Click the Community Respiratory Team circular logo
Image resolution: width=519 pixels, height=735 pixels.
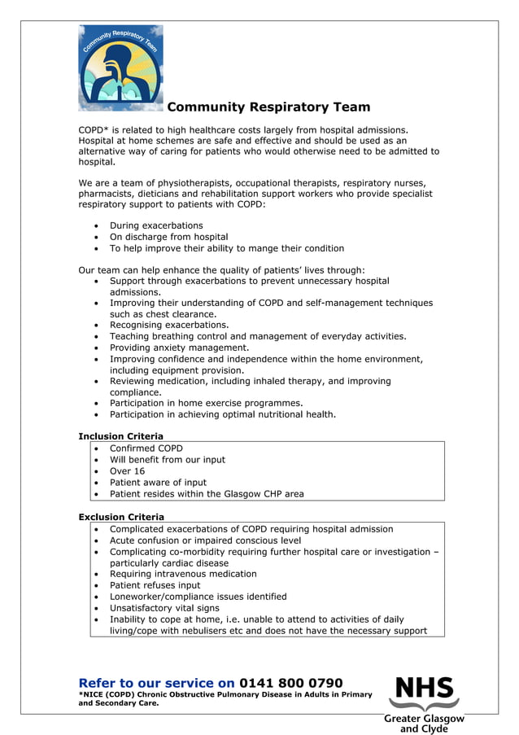(120, 68)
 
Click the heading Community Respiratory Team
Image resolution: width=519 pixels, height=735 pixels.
(268, 107)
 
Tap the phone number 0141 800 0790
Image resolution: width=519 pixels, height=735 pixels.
(291, 683)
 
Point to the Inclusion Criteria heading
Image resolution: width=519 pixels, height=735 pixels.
(120, 436)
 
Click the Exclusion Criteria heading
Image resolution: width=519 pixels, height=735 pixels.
(121, 517)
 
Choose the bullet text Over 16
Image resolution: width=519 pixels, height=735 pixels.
(127, 471)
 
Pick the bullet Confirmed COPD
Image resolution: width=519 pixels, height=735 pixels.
(146, 448)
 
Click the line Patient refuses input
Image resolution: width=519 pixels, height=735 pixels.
(155, 585)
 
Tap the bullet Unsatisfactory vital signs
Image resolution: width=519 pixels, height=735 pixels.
(164, 608)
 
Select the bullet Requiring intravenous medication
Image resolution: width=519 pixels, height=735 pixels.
(183, 574)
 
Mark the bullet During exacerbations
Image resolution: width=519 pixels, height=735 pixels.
(156, 225)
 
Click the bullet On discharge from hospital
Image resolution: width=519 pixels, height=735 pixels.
(168, 237)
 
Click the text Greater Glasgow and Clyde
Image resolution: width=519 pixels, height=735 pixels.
(424, 724)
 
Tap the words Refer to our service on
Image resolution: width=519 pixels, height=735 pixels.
(156, 683)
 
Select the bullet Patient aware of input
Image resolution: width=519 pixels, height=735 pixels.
(158, 483)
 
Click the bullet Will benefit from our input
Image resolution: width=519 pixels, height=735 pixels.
(168, 460)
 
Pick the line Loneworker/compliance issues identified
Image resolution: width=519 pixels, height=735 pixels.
(198, 597)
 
